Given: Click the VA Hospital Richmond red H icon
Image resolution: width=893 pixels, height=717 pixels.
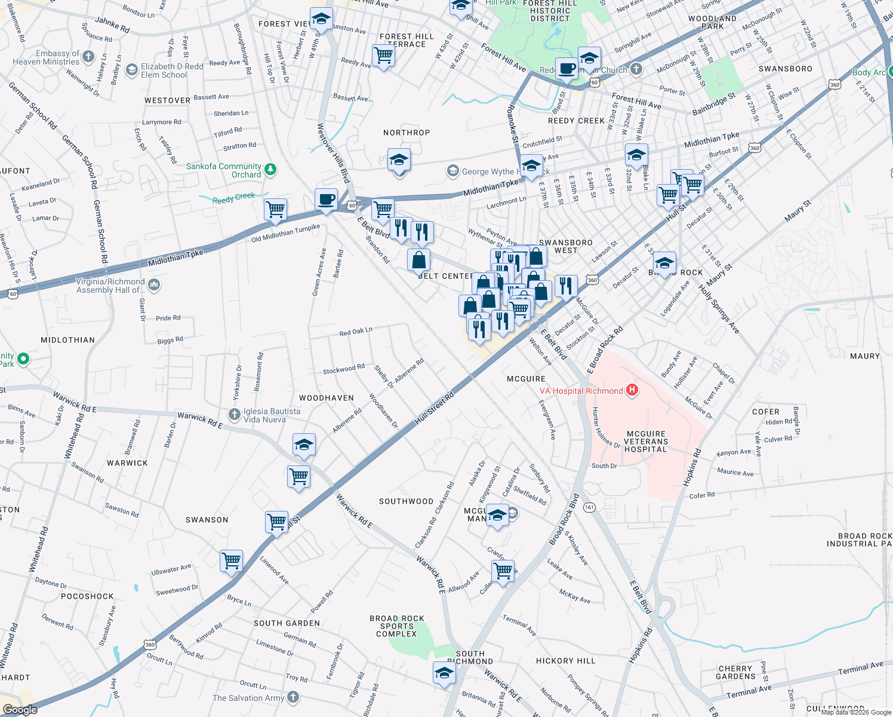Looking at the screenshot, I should coord(632,391).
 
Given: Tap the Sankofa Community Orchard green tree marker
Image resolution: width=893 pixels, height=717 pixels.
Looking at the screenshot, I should coord(270,170).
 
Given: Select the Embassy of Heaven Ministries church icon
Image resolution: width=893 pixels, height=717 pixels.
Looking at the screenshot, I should coord(88,57).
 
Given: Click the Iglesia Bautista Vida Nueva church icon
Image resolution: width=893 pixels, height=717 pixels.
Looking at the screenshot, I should coord(235,414).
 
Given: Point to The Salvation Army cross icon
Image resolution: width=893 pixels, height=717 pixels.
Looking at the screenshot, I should coord(292,697).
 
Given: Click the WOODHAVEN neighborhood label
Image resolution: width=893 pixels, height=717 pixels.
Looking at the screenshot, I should coord(327,398).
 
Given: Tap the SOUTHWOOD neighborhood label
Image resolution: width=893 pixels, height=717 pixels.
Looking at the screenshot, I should coord(406,501).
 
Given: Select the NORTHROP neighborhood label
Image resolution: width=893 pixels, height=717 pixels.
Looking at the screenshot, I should coord(407,133).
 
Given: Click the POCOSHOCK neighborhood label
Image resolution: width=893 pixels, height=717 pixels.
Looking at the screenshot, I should coord(87,596).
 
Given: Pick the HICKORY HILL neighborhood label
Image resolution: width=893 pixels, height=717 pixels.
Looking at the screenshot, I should coord(565,661).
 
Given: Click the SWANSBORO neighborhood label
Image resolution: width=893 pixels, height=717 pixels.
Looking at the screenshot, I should coord(785,69).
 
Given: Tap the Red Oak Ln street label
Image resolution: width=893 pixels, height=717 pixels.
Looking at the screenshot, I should coord(356,332).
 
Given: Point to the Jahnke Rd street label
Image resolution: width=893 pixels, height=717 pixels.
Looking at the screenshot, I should coord(112,25).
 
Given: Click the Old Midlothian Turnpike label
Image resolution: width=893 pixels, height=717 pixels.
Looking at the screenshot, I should coord(285,233).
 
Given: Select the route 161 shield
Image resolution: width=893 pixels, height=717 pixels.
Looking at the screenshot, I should coord(589,507).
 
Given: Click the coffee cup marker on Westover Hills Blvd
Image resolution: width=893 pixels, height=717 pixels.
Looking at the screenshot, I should coord(326,199).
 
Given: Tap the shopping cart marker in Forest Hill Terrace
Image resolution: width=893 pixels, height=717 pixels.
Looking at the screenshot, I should coord(383,56).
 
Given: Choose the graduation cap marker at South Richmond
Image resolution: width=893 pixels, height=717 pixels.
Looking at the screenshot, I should coord(444,673).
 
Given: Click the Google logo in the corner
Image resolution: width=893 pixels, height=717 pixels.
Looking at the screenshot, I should coord(20,710).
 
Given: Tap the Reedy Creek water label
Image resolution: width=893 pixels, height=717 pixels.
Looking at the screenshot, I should coord(233,198).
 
